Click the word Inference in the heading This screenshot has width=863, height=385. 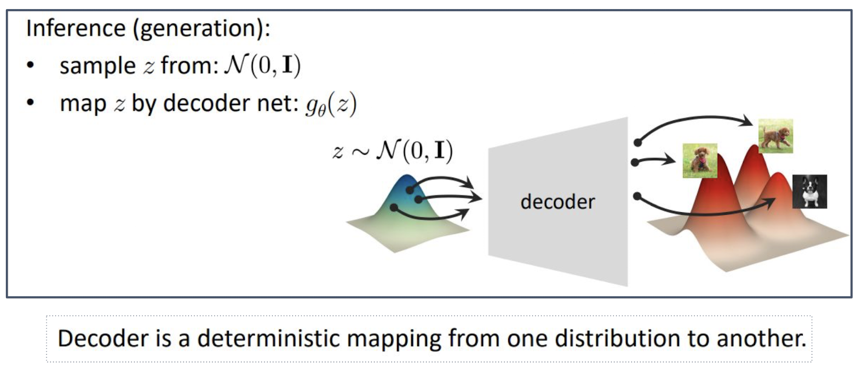(76, 28)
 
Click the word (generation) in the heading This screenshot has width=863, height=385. (200, 28)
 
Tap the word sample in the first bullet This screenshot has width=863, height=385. (97, 66)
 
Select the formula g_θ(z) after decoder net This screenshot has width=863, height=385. (331, 103)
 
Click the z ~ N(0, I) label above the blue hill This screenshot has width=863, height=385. (393, 150)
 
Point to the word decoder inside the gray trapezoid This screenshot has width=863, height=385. (557, 202)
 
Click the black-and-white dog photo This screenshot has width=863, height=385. (809, 191)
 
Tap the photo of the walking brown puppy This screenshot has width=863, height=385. (775, 136)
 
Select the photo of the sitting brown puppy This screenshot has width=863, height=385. (700, 161)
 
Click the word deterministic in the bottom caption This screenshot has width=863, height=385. (270, 338)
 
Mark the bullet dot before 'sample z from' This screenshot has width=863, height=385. (31, 66)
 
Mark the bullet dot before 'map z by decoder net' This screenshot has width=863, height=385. (31, 103)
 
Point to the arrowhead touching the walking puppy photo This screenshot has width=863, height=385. (747, 121)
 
